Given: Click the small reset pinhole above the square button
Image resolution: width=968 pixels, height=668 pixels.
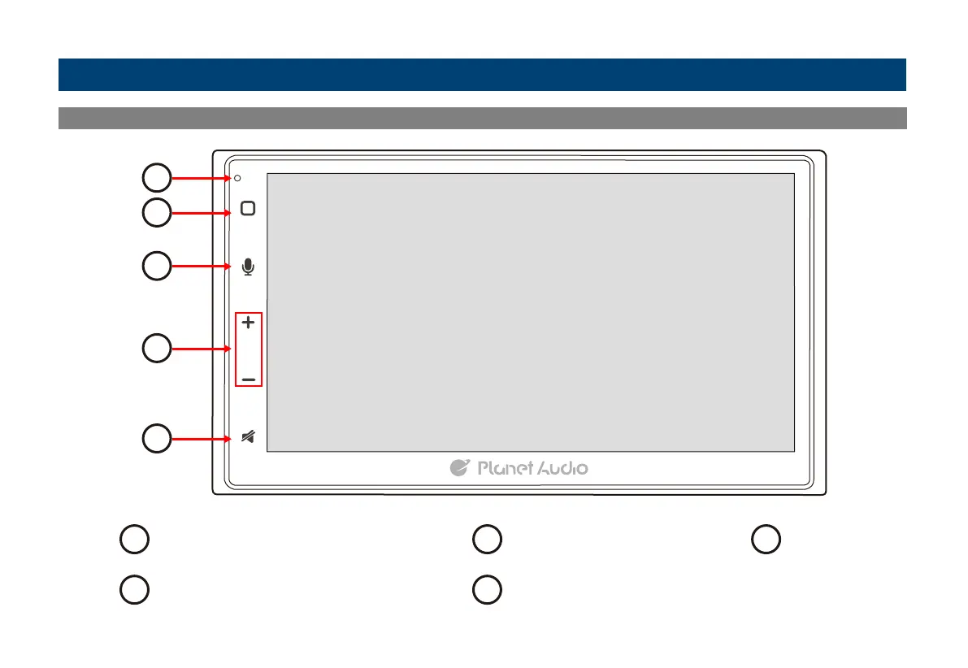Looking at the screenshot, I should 237,178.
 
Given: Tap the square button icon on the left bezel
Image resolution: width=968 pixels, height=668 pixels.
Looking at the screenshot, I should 249,208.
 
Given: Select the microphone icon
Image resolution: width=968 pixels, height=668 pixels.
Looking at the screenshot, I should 249,267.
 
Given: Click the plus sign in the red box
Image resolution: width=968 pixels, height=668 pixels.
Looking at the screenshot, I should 249,323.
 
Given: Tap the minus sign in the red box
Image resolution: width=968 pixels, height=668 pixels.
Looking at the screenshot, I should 249,380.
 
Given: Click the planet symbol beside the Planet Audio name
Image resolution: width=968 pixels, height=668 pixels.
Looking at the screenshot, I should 460,467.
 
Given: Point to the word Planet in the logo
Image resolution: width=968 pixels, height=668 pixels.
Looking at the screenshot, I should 505,468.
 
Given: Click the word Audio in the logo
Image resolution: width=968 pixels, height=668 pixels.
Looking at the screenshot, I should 562,468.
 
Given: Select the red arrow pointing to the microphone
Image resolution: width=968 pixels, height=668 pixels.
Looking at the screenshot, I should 202,266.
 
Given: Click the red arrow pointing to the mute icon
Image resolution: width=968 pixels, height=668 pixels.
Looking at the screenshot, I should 201,440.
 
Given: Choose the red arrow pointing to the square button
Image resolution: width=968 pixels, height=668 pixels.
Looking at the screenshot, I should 202,213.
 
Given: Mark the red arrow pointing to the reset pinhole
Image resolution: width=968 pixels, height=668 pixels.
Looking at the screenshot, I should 201,177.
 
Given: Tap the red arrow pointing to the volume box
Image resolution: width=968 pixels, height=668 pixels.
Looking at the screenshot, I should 202,349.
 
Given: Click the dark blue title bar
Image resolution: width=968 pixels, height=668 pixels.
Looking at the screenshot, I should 482,75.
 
